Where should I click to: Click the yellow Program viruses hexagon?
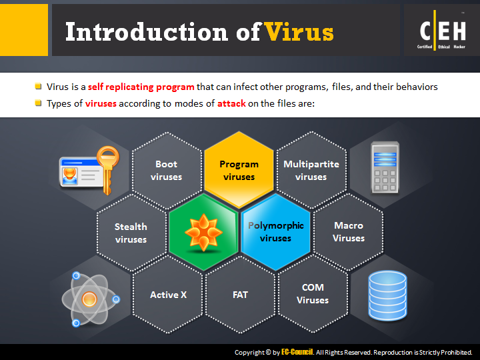[239, 170]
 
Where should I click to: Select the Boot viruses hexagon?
[167, 170]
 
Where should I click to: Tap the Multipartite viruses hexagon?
[311, 170]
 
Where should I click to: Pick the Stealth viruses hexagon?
[131, 233]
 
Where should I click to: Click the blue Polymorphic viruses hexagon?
[275, 233]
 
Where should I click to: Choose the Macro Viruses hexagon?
[349, 232]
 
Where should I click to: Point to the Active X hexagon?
[168, 295]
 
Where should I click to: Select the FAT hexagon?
[240, 295]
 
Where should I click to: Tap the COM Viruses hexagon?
[313, 294]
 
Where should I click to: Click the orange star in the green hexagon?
[203, 233]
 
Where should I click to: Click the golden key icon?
[108, 170]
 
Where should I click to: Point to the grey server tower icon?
[385, 167]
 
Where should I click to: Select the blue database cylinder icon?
[387, 295]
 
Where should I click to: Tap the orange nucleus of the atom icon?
[89, 299]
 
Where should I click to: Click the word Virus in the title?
[299, 32]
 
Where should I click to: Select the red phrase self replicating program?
[141, 87]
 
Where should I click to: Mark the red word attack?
[231, 103]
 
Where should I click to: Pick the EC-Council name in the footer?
[297, 352]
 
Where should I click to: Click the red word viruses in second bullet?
[101, 103]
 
